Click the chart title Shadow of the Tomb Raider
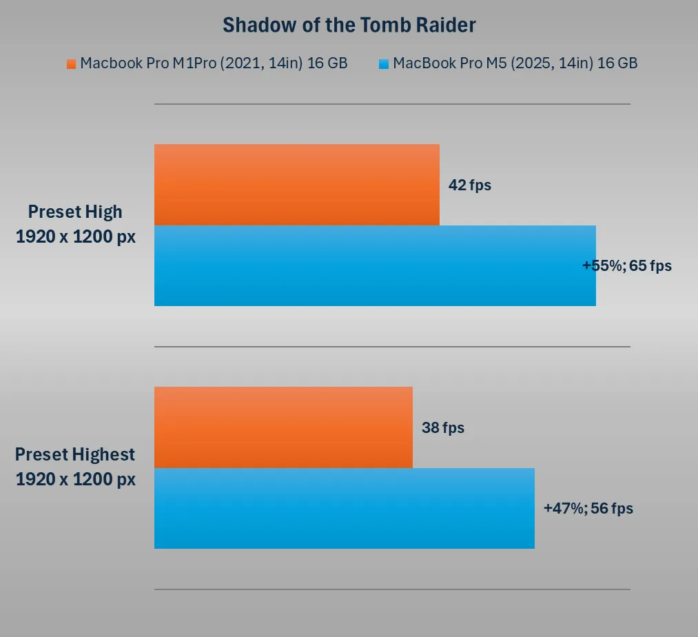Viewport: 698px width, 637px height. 349,26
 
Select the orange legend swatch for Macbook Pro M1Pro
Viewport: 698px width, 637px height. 71,64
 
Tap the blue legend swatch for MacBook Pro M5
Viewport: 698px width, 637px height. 384,64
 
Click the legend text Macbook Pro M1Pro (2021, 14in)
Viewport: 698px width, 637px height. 214,63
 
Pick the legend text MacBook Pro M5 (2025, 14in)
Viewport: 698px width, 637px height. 515,63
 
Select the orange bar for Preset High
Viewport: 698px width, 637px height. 296,184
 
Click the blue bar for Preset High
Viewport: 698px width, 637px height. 375,265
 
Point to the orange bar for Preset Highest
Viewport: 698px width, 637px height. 283,427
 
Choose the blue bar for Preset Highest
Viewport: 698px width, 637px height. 344,508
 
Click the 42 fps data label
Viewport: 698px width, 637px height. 469,185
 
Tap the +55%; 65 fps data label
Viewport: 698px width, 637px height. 627,265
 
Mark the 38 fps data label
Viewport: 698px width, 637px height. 442,427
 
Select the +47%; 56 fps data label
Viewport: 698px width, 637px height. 588,509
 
